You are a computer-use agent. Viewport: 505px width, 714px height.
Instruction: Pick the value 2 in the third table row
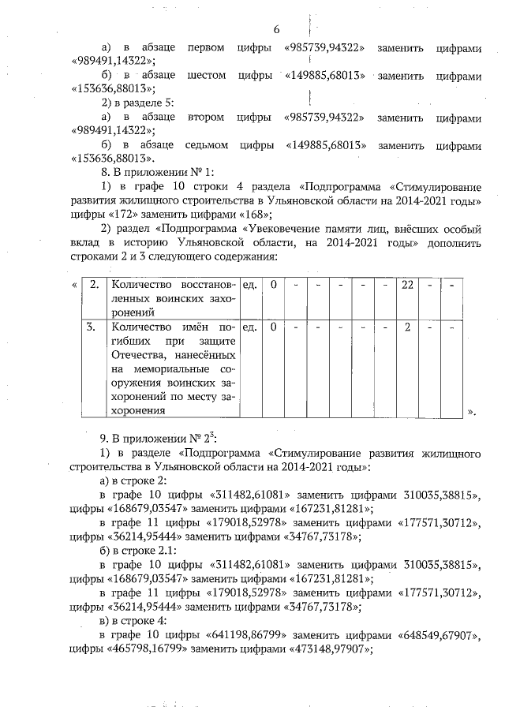408,326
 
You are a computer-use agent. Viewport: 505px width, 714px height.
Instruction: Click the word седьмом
207,146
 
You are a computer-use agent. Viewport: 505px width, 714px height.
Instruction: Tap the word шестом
211,75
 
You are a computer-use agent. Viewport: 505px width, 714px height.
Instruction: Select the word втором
208,117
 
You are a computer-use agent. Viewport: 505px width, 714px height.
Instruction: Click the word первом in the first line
208,47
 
